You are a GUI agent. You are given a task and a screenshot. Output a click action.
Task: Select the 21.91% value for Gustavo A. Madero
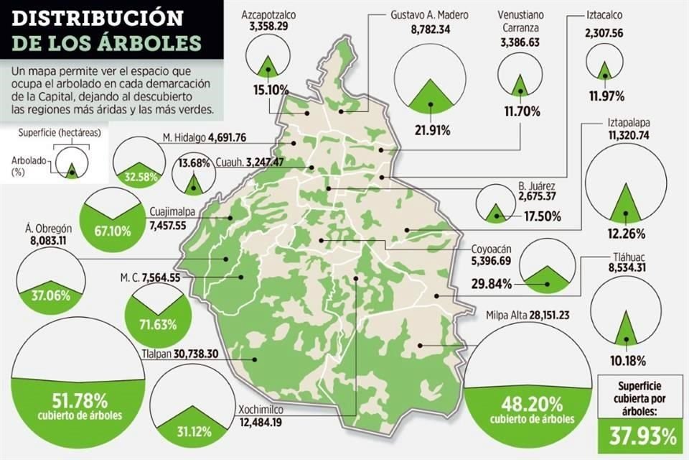[430, 130]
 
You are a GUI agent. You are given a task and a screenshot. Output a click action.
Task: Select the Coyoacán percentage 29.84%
[492, 284]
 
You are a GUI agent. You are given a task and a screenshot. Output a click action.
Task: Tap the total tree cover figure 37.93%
[639, 436]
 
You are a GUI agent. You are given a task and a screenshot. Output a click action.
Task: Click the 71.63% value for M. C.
[159, 324]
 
